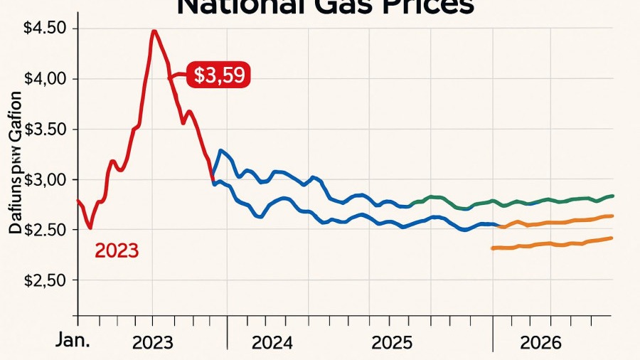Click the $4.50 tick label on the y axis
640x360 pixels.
(45, 28)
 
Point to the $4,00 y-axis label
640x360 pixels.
(45, 79)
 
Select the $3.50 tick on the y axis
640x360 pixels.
(45, 129)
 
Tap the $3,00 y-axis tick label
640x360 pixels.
(45, 180)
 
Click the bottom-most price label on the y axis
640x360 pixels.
(45, 280)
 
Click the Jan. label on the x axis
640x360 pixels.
(73, 341)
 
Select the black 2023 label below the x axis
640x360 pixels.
(152, 342)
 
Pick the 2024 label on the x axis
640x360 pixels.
(272, 342)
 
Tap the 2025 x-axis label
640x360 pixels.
(391, 342)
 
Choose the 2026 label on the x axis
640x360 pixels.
(541, 342)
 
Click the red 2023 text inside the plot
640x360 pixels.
(117, 250)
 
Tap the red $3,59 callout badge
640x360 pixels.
(219, 75)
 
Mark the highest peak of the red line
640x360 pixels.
(154, 31)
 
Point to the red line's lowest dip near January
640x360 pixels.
(90, 228)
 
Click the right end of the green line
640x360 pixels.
(613, 196)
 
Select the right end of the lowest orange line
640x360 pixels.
(613, 238)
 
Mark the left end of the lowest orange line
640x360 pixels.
(492, 248)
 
